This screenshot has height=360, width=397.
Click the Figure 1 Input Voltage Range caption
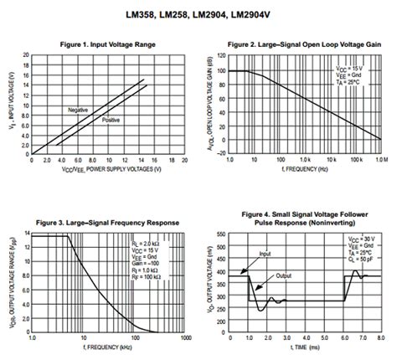[98, 43]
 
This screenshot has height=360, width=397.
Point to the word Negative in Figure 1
[79, 110]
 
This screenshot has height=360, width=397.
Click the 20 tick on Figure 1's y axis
[27, 56]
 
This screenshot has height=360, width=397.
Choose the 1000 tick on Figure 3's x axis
[183, 340]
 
